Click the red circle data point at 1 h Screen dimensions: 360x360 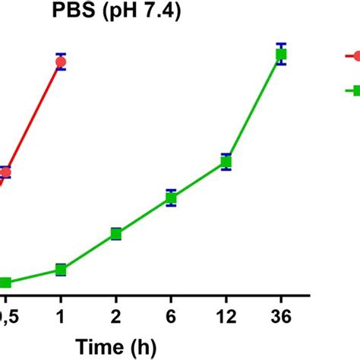coord(62,62)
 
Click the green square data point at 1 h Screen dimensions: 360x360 coord(62,270)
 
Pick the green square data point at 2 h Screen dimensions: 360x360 coord(116,233)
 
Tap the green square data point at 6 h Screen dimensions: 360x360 coord(172,198)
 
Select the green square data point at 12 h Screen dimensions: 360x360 coord(226,161)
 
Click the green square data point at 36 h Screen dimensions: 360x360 coord(281,54)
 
